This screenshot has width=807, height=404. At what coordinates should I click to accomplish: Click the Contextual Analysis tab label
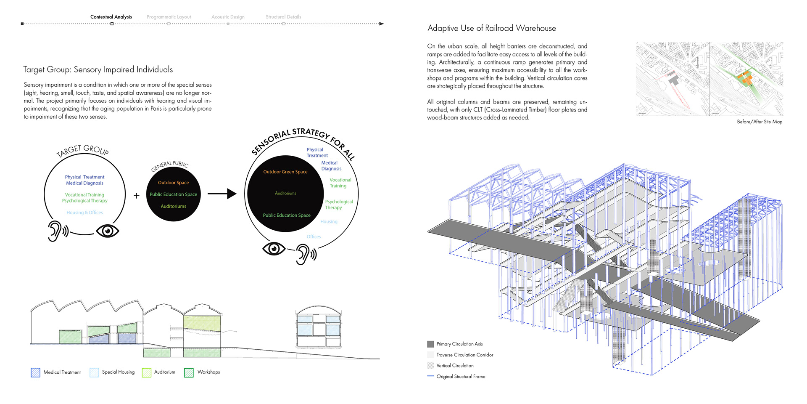(x=111, y=17)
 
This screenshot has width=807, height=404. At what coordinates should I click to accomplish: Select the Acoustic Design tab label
(x=228, y=17)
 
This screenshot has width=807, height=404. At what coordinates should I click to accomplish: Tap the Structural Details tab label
(x=283, y=17)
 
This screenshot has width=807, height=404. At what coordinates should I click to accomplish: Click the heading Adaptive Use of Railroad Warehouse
(x=491, y=28)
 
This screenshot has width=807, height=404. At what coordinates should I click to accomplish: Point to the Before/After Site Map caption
(x=760, y=122)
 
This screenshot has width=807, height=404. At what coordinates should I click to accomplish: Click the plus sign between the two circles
(x=137, y=196)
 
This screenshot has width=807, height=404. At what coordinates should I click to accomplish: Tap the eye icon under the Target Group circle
(x=108, y=231)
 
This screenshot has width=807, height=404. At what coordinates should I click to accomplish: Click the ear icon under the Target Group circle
(x=57, y=231)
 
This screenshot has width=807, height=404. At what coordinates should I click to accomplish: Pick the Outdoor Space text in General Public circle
(x=173, y=183)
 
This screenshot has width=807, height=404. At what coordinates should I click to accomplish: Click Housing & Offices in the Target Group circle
(x=84, y=213)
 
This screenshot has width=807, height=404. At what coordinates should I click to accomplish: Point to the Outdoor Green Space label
(x=285, y=172)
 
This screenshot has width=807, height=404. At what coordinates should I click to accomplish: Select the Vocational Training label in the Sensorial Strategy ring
(x=340, y=183)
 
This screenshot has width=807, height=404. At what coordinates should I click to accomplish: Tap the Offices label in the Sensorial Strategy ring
(x=314, y=237)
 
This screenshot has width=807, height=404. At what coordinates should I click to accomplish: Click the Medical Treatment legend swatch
(x=35, y=372)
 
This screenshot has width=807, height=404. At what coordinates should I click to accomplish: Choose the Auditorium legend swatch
(x=146, y=372)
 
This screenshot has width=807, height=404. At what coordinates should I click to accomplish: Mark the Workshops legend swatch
(x=189, y=372)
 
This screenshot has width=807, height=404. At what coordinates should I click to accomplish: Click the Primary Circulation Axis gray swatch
(x=430, y=344)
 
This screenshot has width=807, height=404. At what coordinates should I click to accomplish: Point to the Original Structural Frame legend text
(x=461, y=377)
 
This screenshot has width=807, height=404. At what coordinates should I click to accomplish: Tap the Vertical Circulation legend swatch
(x=430, y=365)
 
